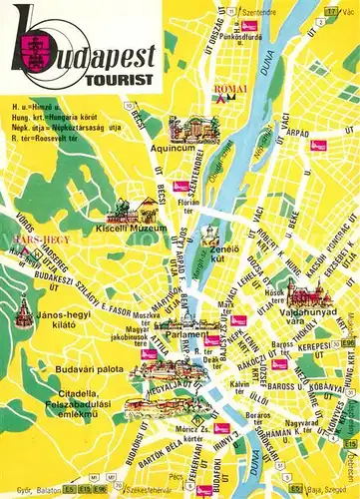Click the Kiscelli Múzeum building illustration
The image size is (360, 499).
pyautogui.click(x=128, y=211)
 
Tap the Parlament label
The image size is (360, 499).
pyautogui.click(x=186, y=334)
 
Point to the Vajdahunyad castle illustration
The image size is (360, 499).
pyautogui.click(x=306, y=295)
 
